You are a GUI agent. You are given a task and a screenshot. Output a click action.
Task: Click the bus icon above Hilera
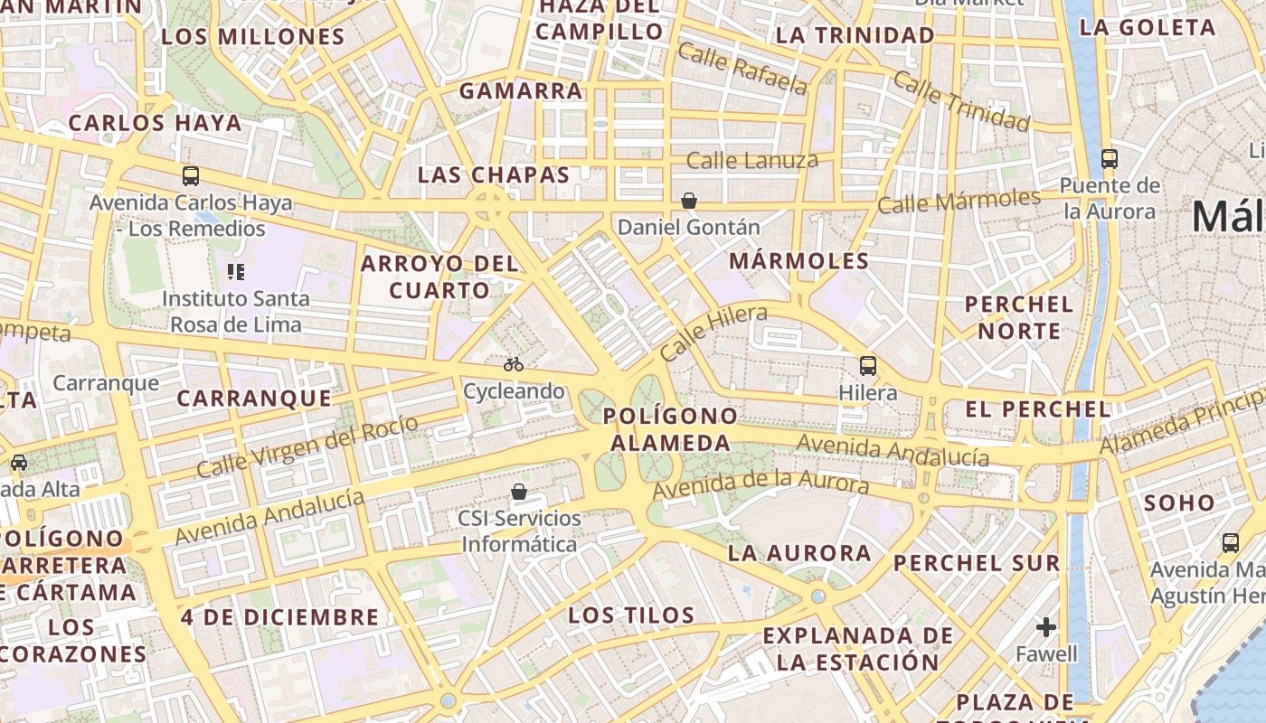coord(868,366)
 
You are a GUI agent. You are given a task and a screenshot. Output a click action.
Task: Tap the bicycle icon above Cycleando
coord(514,364)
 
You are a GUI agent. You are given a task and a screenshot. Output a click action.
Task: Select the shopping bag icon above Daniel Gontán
coord(689,200)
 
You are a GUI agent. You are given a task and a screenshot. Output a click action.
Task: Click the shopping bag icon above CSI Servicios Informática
coord(519,492)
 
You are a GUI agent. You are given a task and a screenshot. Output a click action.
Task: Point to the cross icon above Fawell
coord(1046,626)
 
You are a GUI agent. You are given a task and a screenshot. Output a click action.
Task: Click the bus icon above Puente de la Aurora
coord(1110,159)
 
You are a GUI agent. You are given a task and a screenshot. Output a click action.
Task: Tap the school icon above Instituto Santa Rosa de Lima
coord(236,271)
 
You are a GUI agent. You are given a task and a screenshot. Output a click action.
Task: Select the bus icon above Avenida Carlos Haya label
coord(191,176)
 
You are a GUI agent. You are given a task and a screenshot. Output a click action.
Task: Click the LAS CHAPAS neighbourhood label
coord(494,175)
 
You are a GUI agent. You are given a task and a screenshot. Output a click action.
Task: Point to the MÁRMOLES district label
coord(798,261)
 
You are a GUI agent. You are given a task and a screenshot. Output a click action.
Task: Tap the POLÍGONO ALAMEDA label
coord(671,429)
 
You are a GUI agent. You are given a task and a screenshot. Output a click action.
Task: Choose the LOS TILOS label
coord(631,616)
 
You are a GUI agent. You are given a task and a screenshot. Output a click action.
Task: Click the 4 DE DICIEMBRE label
coord(279,618)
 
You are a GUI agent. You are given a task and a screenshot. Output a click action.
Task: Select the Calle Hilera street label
coord(713,333)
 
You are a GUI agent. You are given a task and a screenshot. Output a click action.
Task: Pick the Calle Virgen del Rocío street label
coord(307,446)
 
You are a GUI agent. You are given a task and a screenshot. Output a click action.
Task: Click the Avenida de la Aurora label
coord(761,484)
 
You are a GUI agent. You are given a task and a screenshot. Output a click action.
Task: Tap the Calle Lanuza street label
coord(752,161)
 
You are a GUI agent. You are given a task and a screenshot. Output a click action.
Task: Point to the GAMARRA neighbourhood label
coord(521,91)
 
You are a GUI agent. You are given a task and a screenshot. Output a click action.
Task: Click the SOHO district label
coord(1179,503)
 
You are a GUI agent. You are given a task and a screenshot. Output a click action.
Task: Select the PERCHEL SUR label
coord(977,563)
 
